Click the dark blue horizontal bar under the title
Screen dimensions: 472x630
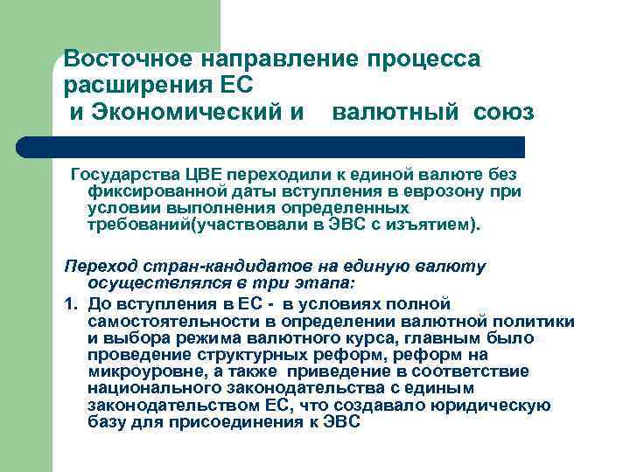289,146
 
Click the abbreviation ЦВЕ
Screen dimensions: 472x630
192,171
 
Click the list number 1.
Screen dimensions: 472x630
69,304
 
